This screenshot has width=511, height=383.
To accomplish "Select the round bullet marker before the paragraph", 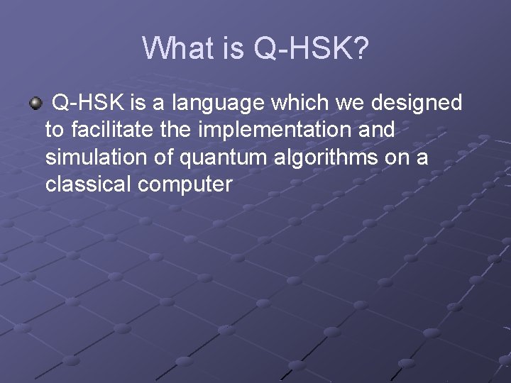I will tap(35, 104).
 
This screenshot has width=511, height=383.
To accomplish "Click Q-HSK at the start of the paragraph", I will tap(90, 104).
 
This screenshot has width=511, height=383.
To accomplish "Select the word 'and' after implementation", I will tap(376, 131).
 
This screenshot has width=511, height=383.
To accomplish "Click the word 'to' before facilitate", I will tap(54, 131).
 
